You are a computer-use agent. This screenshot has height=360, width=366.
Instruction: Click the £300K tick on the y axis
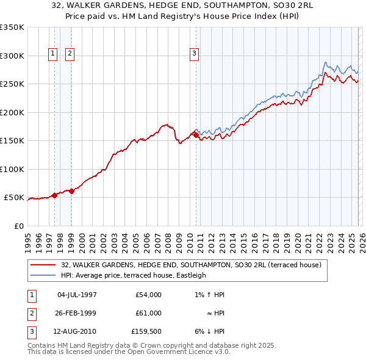(12, 56)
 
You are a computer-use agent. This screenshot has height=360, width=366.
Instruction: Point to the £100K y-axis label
(12, 169)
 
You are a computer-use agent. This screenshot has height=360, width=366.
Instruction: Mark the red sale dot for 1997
(54, 195)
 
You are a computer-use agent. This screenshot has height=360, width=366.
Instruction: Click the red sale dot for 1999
(72, 191)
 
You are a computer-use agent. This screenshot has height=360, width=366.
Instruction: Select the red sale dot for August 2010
(196, 135)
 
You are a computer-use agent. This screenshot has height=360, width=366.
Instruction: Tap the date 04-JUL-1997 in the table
(77, 295)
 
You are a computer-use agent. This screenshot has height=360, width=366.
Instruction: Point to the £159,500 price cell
(146, 331)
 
